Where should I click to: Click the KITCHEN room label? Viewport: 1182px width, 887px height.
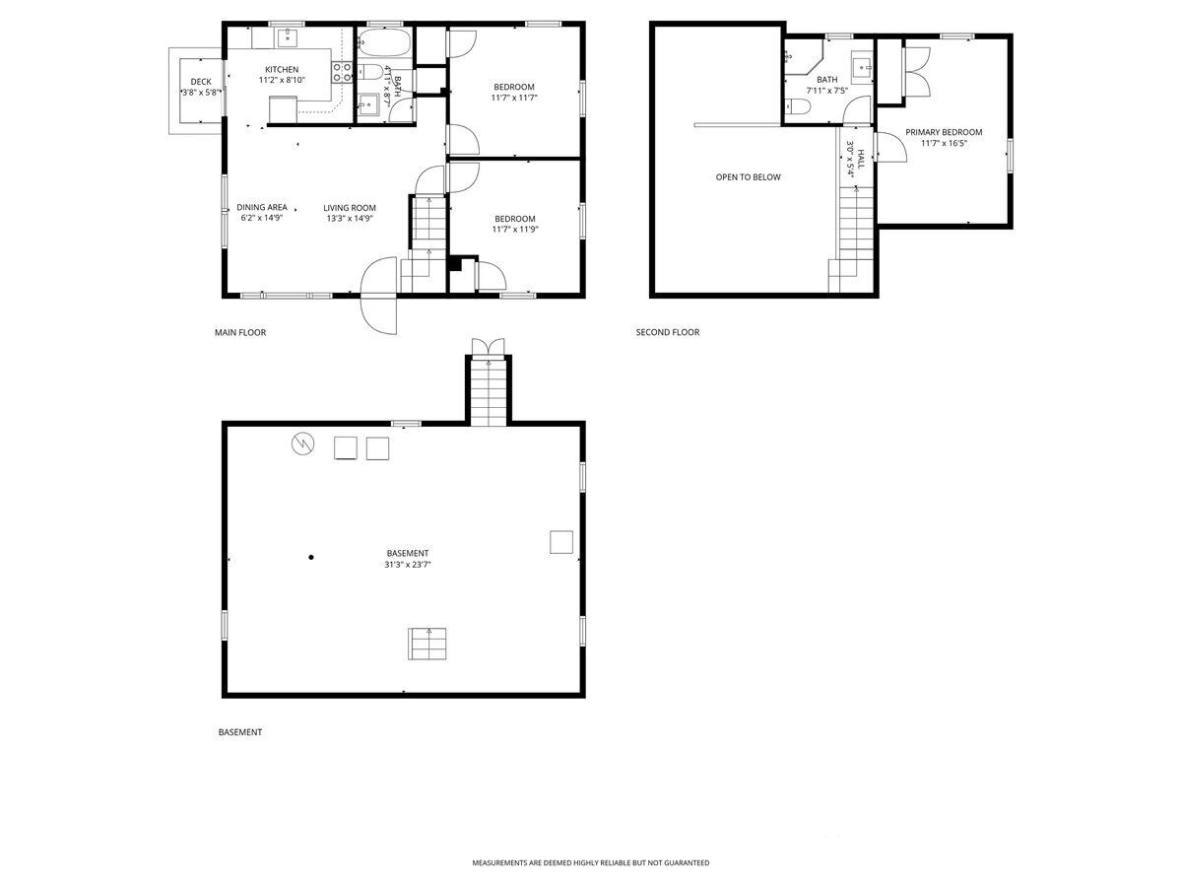coord(282,69)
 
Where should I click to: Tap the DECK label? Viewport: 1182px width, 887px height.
coord(201,82)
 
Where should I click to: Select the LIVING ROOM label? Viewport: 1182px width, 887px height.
coord(350,208)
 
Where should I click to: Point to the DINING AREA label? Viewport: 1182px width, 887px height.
coord(262,207)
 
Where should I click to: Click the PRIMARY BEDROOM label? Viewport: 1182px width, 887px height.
coord(944,132)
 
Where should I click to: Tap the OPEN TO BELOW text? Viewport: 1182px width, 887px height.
coord(748,177)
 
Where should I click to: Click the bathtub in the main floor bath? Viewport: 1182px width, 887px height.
coord(383,43)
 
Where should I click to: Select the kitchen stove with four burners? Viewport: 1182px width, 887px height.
coord(342,72)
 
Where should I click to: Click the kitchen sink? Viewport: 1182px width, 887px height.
coord(288,36)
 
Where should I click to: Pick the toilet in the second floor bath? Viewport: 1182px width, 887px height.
coord(798,107)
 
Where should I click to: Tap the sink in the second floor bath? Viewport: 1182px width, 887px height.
coord(862,68)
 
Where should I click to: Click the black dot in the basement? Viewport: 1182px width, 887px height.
coord(310,558)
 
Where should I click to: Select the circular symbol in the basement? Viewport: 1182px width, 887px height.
coord(303,443)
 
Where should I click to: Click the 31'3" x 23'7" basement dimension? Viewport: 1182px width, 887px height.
coord(408,565)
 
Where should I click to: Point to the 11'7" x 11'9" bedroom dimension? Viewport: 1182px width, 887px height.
coord(515,230)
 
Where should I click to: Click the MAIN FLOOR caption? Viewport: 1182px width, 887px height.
coord(240,333)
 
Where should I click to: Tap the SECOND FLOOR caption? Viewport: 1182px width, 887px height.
coord(668,332)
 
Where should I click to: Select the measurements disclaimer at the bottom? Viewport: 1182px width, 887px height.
coord(591,862)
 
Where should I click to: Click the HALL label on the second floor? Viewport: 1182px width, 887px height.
coord(860,159)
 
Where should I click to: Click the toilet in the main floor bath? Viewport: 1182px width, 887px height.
coord(370,72)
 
